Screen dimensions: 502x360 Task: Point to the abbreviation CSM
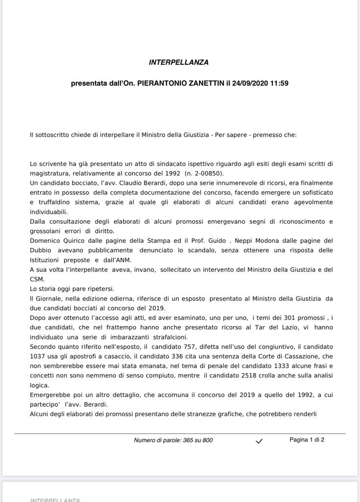(x=37, y=279)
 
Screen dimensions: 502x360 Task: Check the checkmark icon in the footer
(x=259, y=441)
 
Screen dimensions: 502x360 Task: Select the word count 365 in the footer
(x=188, y=440)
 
